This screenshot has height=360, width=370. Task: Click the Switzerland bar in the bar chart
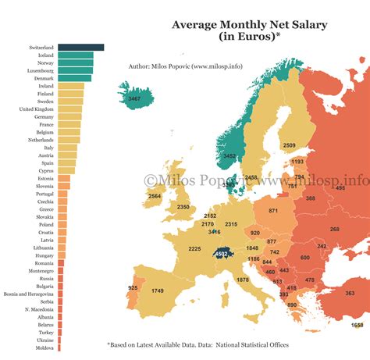coord(80,48)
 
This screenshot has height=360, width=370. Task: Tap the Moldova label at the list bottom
coord(44,348)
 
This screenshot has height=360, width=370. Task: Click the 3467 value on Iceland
coord(135,98)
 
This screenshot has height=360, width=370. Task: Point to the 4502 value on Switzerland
coord(222,252)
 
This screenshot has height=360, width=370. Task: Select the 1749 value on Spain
coord(158,291)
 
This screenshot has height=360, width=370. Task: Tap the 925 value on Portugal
coord(132,288)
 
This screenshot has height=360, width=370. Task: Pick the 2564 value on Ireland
coord(155,196)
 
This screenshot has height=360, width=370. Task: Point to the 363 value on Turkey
coord(349,293)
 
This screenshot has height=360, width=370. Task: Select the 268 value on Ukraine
coord(334,229)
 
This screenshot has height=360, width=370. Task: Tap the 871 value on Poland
coord(273,211)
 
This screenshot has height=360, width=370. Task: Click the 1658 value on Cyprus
coord(357,325)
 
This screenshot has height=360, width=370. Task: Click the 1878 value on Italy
coord(243,280)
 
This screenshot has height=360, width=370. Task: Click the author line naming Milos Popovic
coord(185,66)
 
